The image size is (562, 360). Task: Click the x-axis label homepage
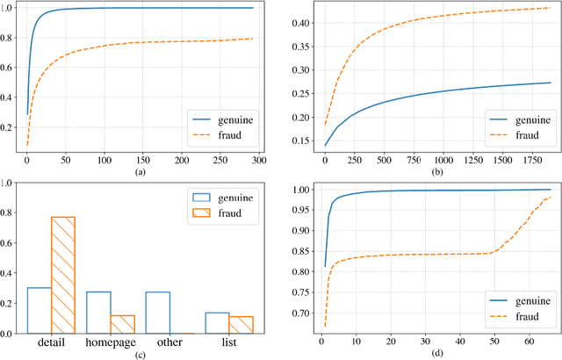click(x=110, y=345)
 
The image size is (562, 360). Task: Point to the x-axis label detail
click(x=50, y=345)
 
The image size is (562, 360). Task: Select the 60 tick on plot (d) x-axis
click(x=527, y=341)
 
